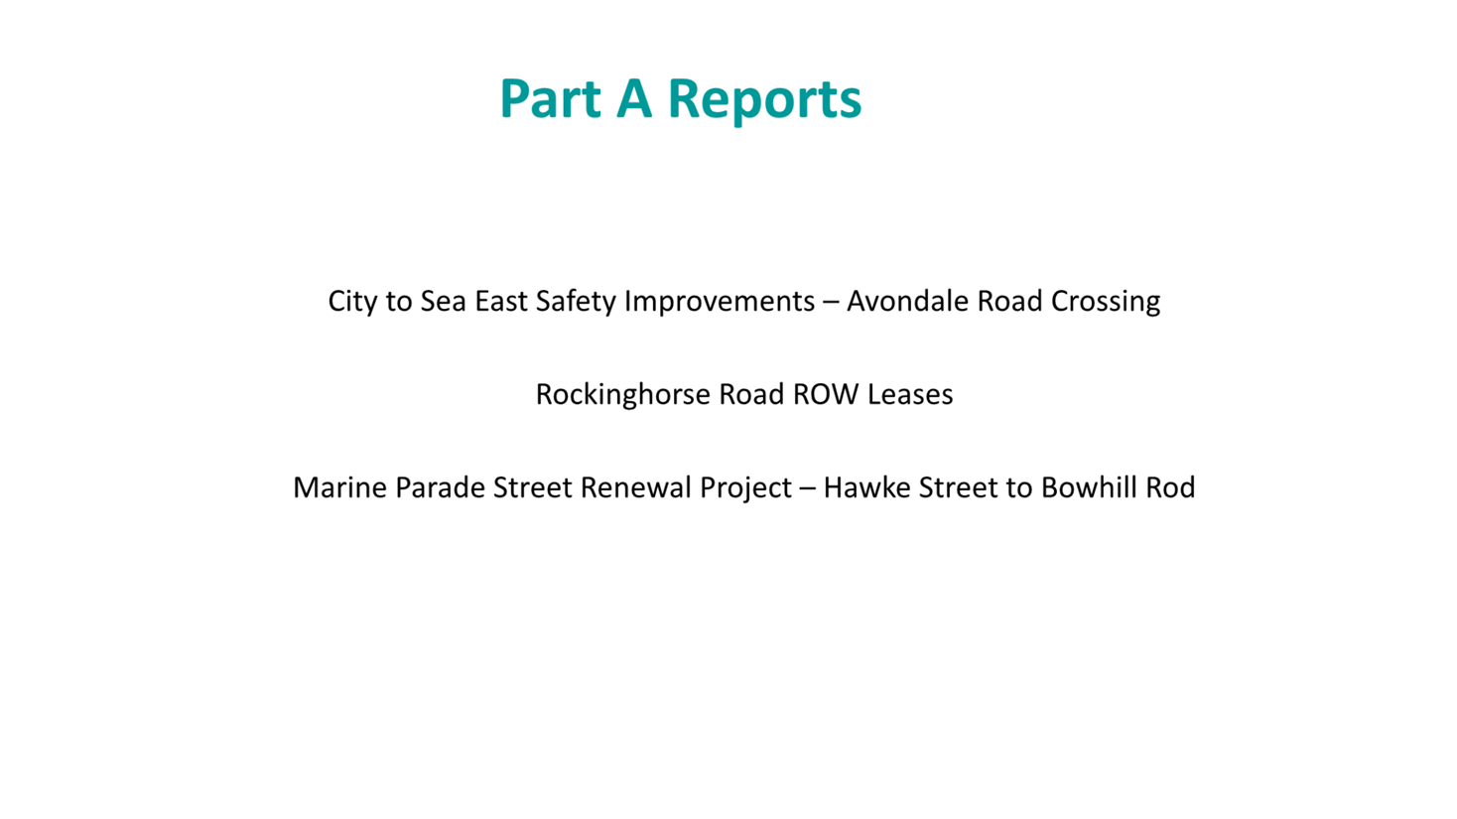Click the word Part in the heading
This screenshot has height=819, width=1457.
tap(549, 98)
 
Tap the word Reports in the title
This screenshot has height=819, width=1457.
tap(764, 98)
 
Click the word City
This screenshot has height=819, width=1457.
tap(352, 301)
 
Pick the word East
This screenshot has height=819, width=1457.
tap(501, 301)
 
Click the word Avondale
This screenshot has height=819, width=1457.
tap(907, 301)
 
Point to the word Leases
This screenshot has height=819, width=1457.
tap(910, 394)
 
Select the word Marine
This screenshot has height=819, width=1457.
tap(339, 487)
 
